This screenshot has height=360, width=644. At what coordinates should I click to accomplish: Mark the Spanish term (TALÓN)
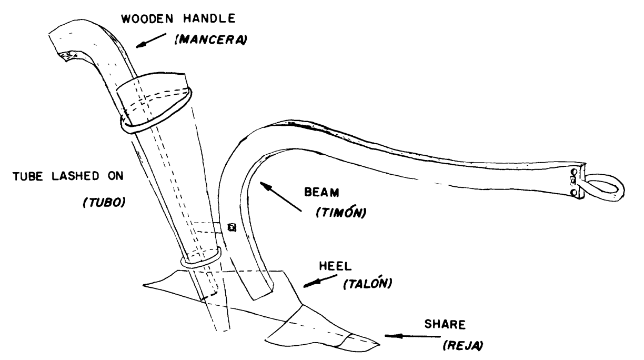point(363,284)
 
